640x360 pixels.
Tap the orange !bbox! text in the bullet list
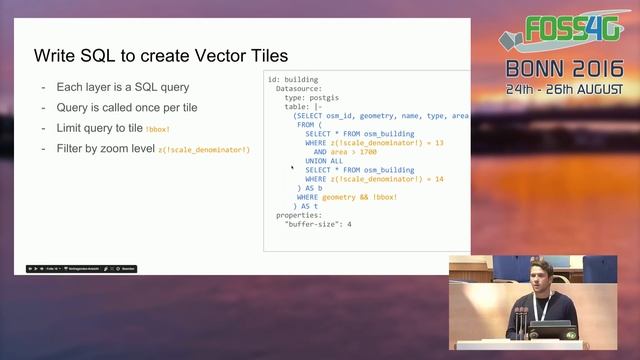pos(158,130)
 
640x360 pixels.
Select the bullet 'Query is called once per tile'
pos(119,107)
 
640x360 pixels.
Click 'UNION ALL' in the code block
pos(325,161)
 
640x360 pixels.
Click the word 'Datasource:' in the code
pos(299,89)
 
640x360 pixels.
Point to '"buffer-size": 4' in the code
pos(318,224)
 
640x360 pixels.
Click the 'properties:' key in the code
pos(299,215)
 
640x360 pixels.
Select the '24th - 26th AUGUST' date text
pos(564,89)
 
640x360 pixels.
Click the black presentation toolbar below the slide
pos(81,268)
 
